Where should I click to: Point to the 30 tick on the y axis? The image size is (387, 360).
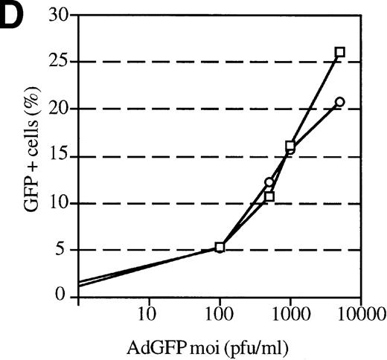pos(55,16)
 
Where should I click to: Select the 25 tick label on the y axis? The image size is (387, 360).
pos(55,62)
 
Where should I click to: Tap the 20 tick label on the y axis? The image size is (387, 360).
pos(55,109)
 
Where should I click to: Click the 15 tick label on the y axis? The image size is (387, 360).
pos(55,156)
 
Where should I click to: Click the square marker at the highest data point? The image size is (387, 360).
pos(340,52)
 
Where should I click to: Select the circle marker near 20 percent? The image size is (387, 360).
pos(340,102)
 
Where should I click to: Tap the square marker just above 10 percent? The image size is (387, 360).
pos(269,197)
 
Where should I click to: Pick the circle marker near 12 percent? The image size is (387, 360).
pos(269,182)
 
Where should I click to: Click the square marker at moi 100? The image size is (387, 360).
pos(220,247)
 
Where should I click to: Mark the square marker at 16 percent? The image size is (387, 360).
pos(290,146)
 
